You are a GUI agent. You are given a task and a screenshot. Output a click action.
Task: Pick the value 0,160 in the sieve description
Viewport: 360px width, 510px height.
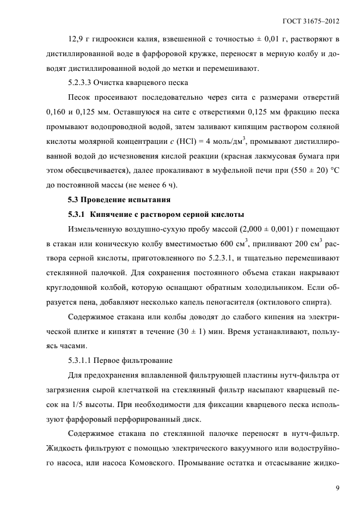click(x=57, y=112)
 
